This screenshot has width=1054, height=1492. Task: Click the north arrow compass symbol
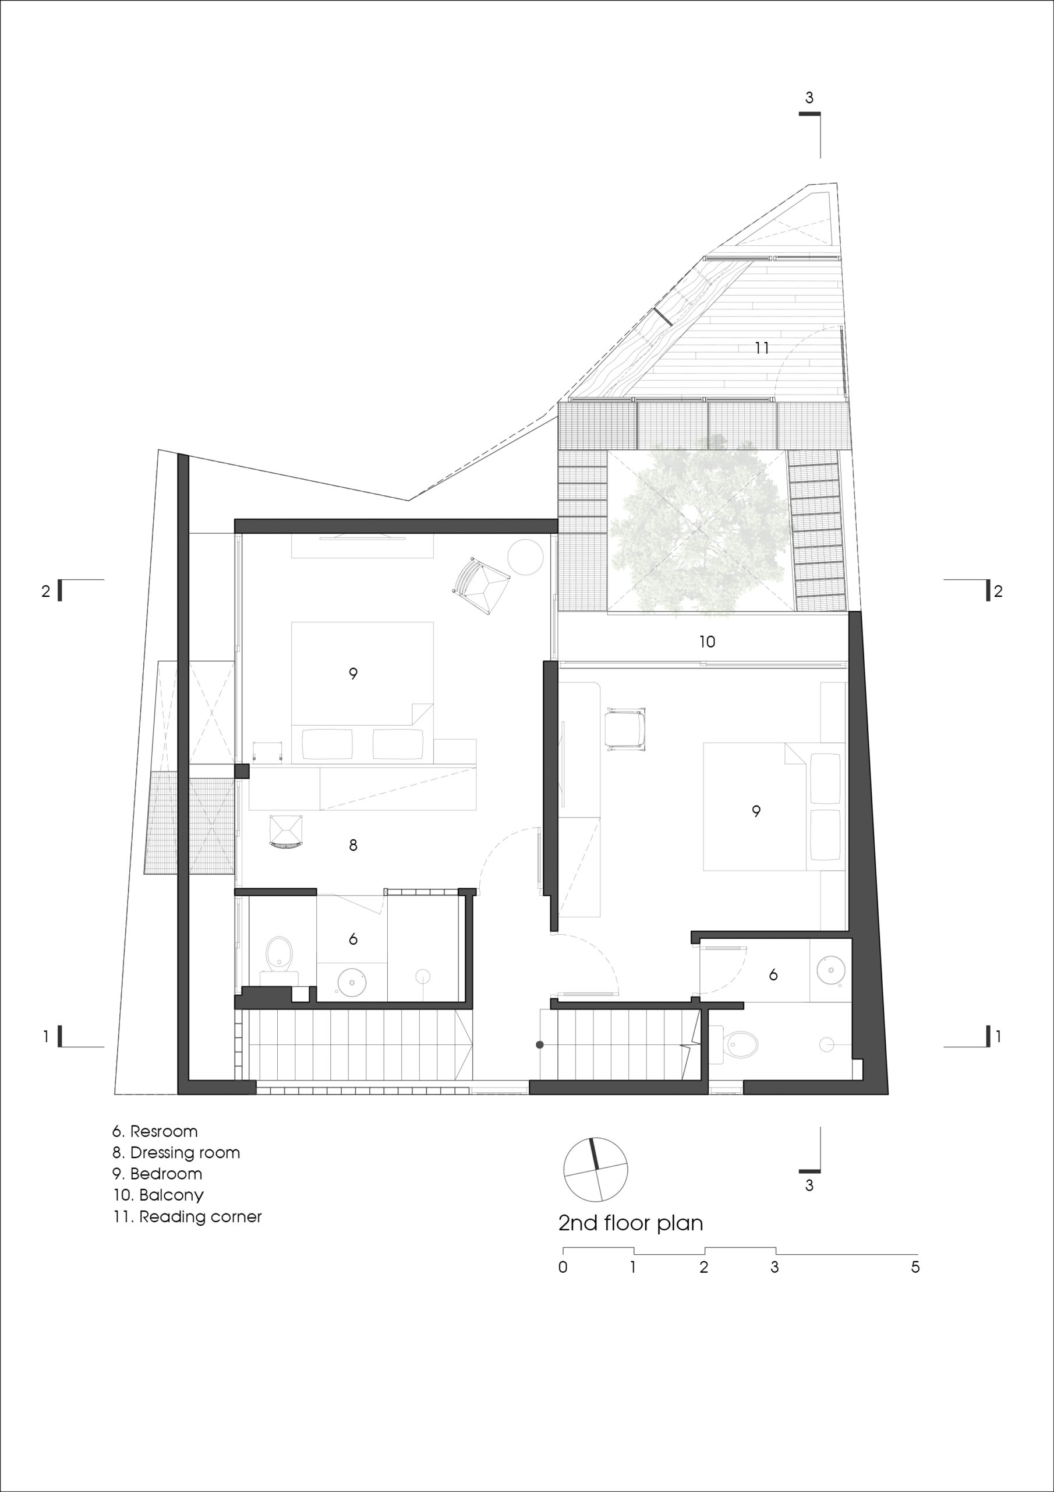click(596, 1170)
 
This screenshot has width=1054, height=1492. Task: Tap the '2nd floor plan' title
click(631, 1224)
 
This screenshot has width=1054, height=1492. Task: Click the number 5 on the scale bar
click(915, 1266)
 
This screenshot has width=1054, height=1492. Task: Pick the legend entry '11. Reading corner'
click(187, 1216)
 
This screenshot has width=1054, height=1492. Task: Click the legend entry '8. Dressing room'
click(176, 1153)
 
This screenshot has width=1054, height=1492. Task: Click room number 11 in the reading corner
click(762, 349)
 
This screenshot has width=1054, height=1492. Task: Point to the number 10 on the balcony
click(707, 642)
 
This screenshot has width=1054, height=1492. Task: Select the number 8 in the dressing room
click(353, 846)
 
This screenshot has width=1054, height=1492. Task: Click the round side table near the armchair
click(525, 556)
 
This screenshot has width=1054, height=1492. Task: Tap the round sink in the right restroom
click(830, 971)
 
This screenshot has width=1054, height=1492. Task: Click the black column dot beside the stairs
click(539, 1045)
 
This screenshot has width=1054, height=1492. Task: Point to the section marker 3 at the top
click(809, 98)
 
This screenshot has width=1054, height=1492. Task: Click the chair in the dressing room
click(286, 831)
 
